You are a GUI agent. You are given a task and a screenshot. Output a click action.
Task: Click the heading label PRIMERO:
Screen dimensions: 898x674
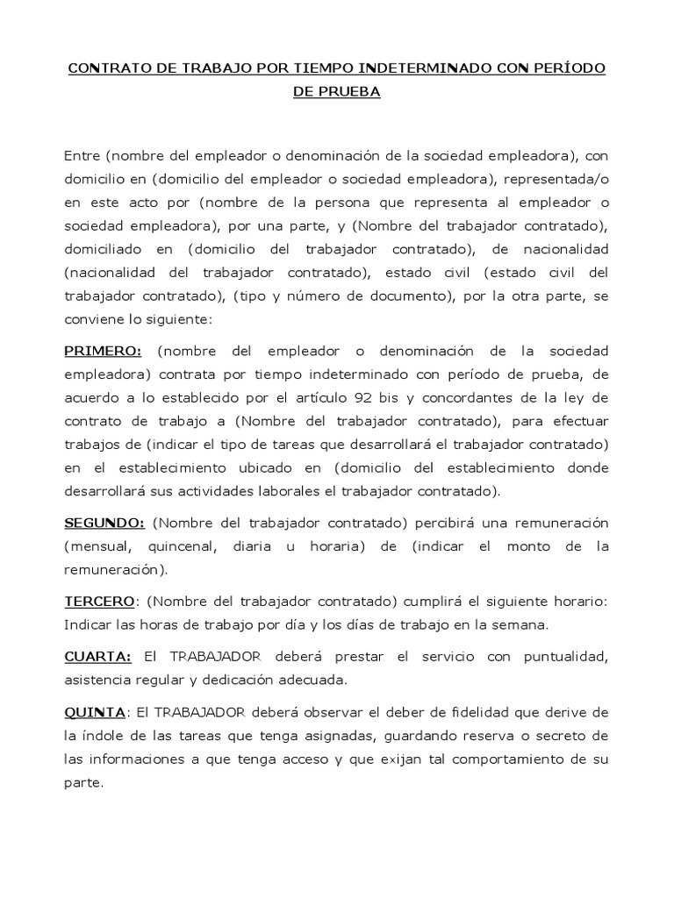click(x=103, y=351)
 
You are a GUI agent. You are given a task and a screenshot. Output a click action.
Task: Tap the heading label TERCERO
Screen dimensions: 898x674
click(x=100, y=603)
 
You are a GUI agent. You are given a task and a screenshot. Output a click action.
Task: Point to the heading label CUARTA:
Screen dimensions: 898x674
click(x=97, y=656)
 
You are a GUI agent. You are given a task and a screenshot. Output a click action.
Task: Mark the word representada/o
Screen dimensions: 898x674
click(x=556, y=178)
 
